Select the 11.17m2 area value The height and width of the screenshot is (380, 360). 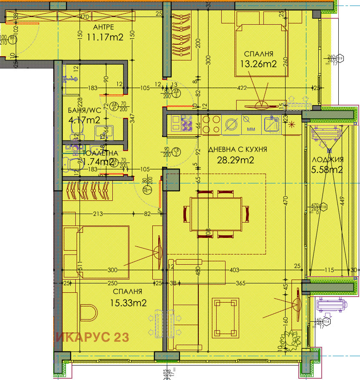tap(105, 37)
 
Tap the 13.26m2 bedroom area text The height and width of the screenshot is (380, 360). tap(260, 64)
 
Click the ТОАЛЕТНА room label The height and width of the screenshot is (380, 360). tap(98, 153)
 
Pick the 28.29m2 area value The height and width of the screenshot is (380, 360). tap(236, 160)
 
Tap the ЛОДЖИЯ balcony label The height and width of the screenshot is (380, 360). tap(328, 160)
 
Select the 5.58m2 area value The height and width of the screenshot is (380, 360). tap(328, 170)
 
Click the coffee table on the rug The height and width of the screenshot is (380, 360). tap(225, 317)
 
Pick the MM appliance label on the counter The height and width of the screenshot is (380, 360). tap(251, 128)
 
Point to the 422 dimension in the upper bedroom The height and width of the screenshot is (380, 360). tap(242, 88)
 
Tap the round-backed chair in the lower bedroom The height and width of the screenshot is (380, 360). tap(89, 313)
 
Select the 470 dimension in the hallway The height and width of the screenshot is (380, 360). tap(84, 18)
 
